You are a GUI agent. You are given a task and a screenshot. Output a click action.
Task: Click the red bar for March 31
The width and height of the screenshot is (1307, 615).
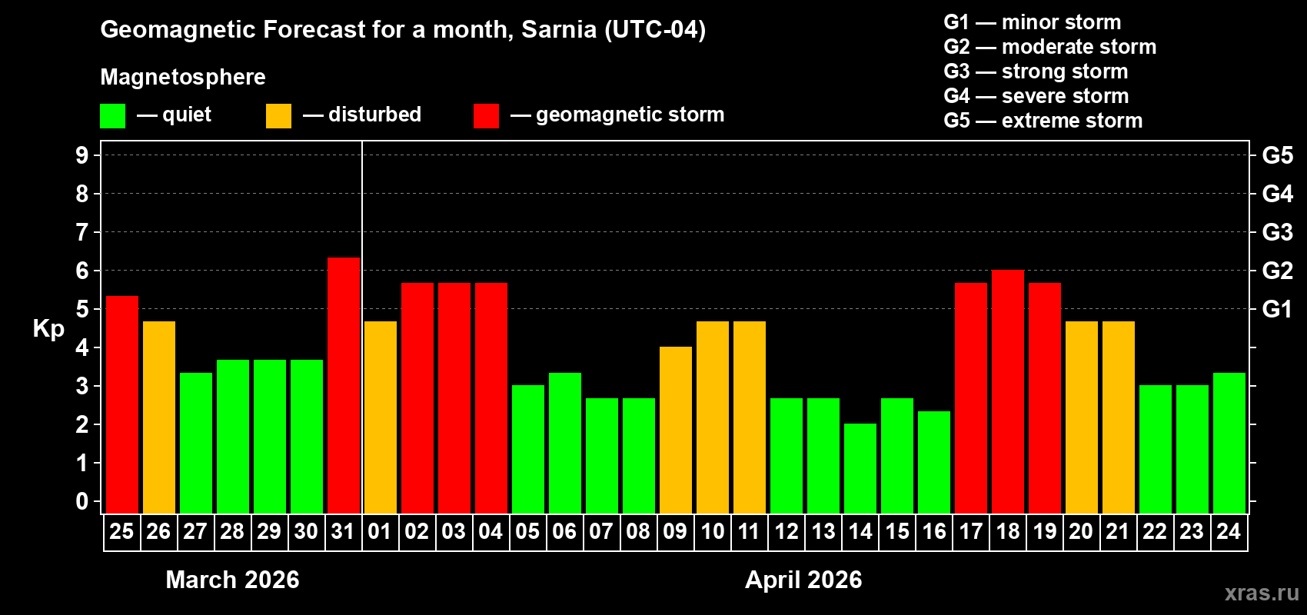(x=344, y=385)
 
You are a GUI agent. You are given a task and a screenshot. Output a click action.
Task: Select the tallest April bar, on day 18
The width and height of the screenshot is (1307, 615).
(x=1008, y=391)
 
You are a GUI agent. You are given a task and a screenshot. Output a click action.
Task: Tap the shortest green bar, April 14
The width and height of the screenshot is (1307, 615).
(x=860, y=468)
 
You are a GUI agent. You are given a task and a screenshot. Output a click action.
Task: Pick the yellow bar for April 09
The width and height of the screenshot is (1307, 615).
(x=676, y=430)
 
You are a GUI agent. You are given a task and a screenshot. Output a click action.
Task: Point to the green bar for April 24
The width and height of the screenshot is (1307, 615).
(x=1229, y=443)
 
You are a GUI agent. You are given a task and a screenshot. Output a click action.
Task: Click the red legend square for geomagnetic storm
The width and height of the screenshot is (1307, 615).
(x=486, y=116)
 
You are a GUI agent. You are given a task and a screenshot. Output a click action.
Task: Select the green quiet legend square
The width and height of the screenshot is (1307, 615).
(x=112, y=116)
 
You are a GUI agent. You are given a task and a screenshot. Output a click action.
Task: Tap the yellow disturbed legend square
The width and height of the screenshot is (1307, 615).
(x=278, y=116)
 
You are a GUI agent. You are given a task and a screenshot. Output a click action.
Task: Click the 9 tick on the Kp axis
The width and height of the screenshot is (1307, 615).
(x=82, y=155)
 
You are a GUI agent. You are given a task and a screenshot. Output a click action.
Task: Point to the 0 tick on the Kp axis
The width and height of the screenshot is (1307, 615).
(x=82, y=501)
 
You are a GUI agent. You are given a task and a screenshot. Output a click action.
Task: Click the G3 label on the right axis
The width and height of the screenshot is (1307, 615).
(x=1277, y=232)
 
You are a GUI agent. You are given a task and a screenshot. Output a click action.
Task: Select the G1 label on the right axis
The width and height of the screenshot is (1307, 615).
(x=1277, y=309)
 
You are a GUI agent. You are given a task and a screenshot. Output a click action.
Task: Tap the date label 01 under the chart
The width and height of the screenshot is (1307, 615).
(x=380, y=532)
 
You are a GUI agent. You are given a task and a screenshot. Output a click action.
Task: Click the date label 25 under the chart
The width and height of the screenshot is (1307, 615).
(x=121, y=532)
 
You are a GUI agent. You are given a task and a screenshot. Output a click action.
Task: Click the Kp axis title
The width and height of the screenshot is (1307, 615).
(x=48, y=329)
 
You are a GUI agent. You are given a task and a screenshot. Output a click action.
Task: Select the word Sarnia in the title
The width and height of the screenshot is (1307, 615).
(x=559, y=29)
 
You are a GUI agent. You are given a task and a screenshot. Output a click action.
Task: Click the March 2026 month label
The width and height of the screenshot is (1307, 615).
(x=232, y=580)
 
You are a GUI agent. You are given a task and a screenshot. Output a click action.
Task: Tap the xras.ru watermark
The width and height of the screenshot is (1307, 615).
(x=1261, y=592)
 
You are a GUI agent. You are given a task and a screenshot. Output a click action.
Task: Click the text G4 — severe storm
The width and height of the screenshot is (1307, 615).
(x=1036, y=96)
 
